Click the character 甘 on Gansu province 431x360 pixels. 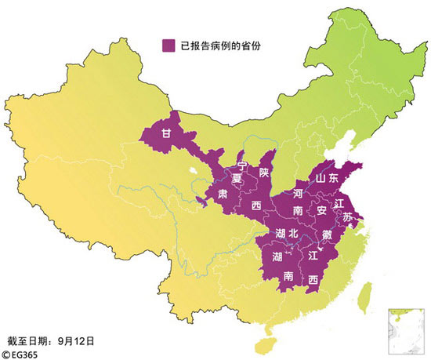166,133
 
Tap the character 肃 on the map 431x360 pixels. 223,193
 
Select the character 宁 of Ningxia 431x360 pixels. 242,165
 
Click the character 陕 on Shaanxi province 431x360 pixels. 264,171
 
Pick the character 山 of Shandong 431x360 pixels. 321,178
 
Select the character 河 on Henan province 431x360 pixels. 298,192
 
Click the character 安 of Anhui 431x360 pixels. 321,211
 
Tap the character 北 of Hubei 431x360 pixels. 293,233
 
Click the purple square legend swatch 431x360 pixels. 168,45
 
